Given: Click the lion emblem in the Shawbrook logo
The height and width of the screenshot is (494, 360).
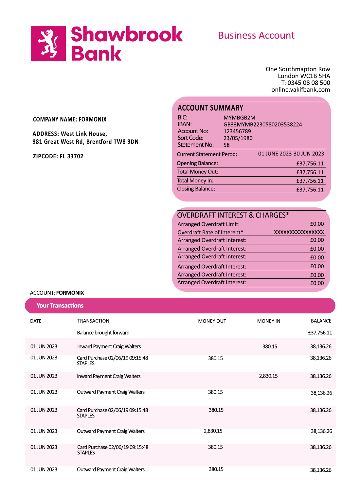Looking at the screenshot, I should pyautogui.click(x=48, y=43).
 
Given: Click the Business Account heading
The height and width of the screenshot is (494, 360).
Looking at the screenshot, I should pyautogui.click(x=256, y=35).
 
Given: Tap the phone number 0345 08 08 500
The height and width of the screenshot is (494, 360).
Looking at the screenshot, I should pyautogui.click(x=309, y=83).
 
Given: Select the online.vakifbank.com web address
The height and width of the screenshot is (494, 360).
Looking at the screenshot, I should pyautogui.click(x=300, y=90).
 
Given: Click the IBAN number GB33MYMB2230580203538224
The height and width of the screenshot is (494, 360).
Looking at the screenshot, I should pyautogui.click(x=262, y=125).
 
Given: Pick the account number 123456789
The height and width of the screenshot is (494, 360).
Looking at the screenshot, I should pyautogui.click(x=237, y=131).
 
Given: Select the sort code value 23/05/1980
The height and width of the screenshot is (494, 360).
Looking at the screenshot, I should pyautogui.click(x=238, y=138).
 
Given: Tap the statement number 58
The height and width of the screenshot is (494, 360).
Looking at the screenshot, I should pyautogui.click(x=226, y=145).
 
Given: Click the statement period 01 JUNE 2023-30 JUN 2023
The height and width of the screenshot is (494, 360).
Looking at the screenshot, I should pyautogui.click(x=291, y=154).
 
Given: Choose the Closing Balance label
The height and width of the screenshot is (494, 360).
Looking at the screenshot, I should pyautogui.click(x=196, y=189).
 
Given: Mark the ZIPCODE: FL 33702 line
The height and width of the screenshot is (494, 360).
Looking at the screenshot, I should pyautogui.click(x=58, y=156).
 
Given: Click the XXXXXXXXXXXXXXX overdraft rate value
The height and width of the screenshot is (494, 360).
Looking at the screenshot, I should pyautogui.click(x=299, y=232).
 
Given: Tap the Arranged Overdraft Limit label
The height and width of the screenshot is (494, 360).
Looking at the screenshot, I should pyautogui.click(x=208, y=224).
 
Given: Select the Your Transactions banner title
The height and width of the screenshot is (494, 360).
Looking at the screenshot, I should pyautogui.click(x=60, y=306).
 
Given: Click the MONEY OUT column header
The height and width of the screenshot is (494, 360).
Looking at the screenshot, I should pyautogui.click(x=212, y=321).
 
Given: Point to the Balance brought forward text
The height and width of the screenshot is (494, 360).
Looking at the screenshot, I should pyautogui.click(x=103, y=333).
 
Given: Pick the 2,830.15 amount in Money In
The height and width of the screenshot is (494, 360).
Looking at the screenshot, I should pyautogui.click(x=268, y=376).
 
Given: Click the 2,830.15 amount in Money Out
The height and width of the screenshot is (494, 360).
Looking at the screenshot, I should pyautogui.click(x=213, y=431).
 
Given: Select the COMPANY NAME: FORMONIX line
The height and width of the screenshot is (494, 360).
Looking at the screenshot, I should pyautogui.click(x=70, y=119).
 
